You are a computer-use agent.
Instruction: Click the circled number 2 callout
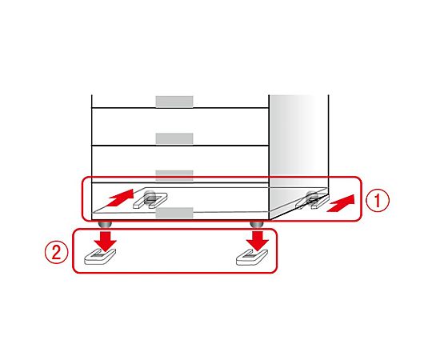(57, 252)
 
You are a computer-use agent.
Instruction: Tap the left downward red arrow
(106, 242)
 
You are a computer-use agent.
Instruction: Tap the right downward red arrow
(258, 242)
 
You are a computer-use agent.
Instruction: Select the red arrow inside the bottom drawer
(119, 198)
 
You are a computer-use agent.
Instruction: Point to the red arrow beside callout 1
(341, 203)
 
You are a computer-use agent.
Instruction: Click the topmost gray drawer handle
(174, 102)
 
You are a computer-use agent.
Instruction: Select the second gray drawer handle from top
(174, 138)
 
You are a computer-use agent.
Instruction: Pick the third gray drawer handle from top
(174, 175)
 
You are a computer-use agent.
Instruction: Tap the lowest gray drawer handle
(174, 213)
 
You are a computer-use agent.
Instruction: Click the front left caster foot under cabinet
(105, 224)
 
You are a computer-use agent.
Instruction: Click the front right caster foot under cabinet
(257, 224)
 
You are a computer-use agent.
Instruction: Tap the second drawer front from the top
(180, 126)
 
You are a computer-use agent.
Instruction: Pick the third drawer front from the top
(180, 164)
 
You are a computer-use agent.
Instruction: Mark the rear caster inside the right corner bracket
(313, 197)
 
